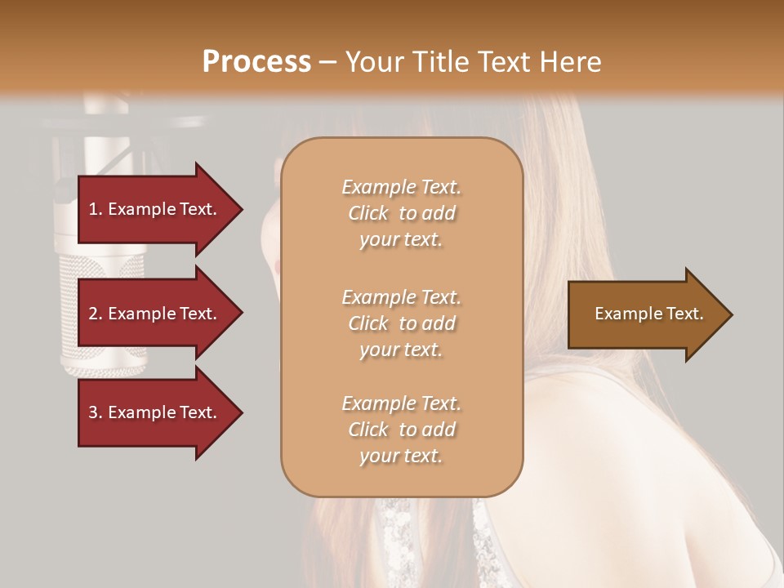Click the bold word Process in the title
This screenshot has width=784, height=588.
click(256, 62)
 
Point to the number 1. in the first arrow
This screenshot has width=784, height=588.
click(96, 209)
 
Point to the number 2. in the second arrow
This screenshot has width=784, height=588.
click(96, 314)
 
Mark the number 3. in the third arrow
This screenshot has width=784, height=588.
click(96, 412)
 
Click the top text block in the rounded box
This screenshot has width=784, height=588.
click(401, 213)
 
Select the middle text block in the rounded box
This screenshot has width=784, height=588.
click(401, 323)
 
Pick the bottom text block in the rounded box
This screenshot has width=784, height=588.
click(401, 430)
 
